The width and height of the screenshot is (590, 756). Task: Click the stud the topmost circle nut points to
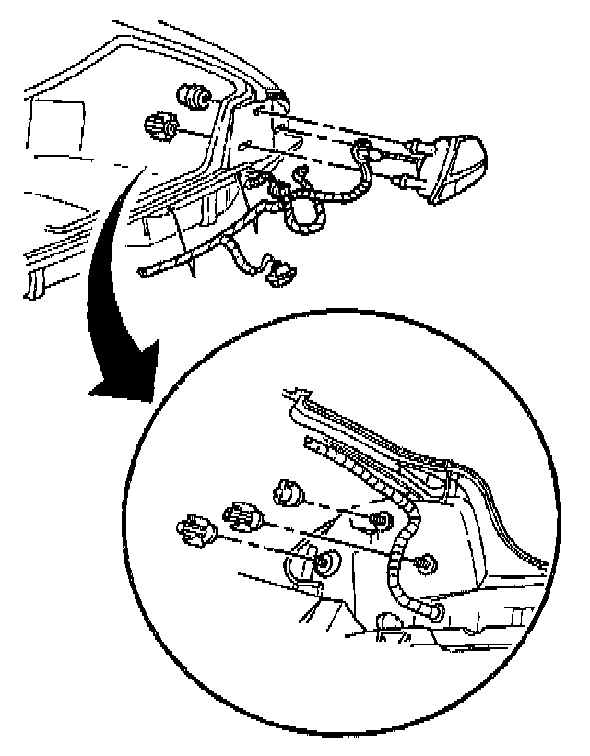[376, 523]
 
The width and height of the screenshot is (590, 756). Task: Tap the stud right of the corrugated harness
[425, 561]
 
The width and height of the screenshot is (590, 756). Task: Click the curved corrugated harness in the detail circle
[399, 553]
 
